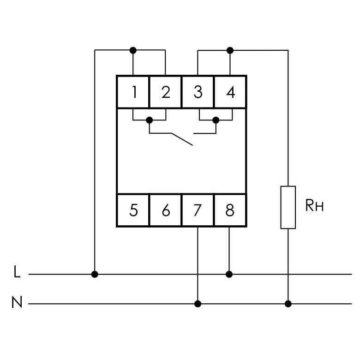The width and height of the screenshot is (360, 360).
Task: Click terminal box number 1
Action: coord(133,92)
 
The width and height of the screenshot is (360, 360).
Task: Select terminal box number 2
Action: coord(166,92)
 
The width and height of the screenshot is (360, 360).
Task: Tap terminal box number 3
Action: coord(198,92)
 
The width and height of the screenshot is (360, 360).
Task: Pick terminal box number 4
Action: coord(230,92)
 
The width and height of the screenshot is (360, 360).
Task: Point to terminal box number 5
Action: coord(133,210)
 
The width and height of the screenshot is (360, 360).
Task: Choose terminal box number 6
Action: coord(166,210)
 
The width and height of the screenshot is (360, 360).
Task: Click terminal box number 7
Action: coord(198,210)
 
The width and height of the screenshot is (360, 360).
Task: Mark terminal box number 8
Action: coord(230,210)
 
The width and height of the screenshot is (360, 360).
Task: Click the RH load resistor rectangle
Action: coord(288,207)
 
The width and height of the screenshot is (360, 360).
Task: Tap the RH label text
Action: coord(314,205)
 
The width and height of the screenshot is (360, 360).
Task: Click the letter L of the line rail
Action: coord(17,271)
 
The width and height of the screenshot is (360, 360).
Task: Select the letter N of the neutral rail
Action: coord(17,302)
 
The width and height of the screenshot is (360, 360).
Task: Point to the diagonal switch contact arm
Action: coord(182,139)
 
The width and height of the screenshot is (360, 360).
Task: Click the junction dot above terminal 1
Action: coord(133,50)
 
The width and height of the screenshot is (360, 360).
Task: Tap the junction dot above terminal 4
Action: coord(230,50)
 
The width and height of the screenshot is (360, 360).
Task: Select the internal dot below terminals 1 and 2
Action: coord(149,120)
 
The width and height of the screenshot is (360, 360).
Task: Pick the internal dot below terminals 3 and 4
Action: coord(216,120)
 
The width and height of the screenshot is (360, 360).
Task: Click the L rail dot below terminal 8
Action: coord(229,274)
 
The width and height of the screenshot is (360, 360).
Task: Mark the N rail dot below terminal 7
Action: coord(198,304)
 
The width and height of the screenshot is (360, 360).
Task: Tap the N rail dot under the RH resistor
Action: coord(288,304)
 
